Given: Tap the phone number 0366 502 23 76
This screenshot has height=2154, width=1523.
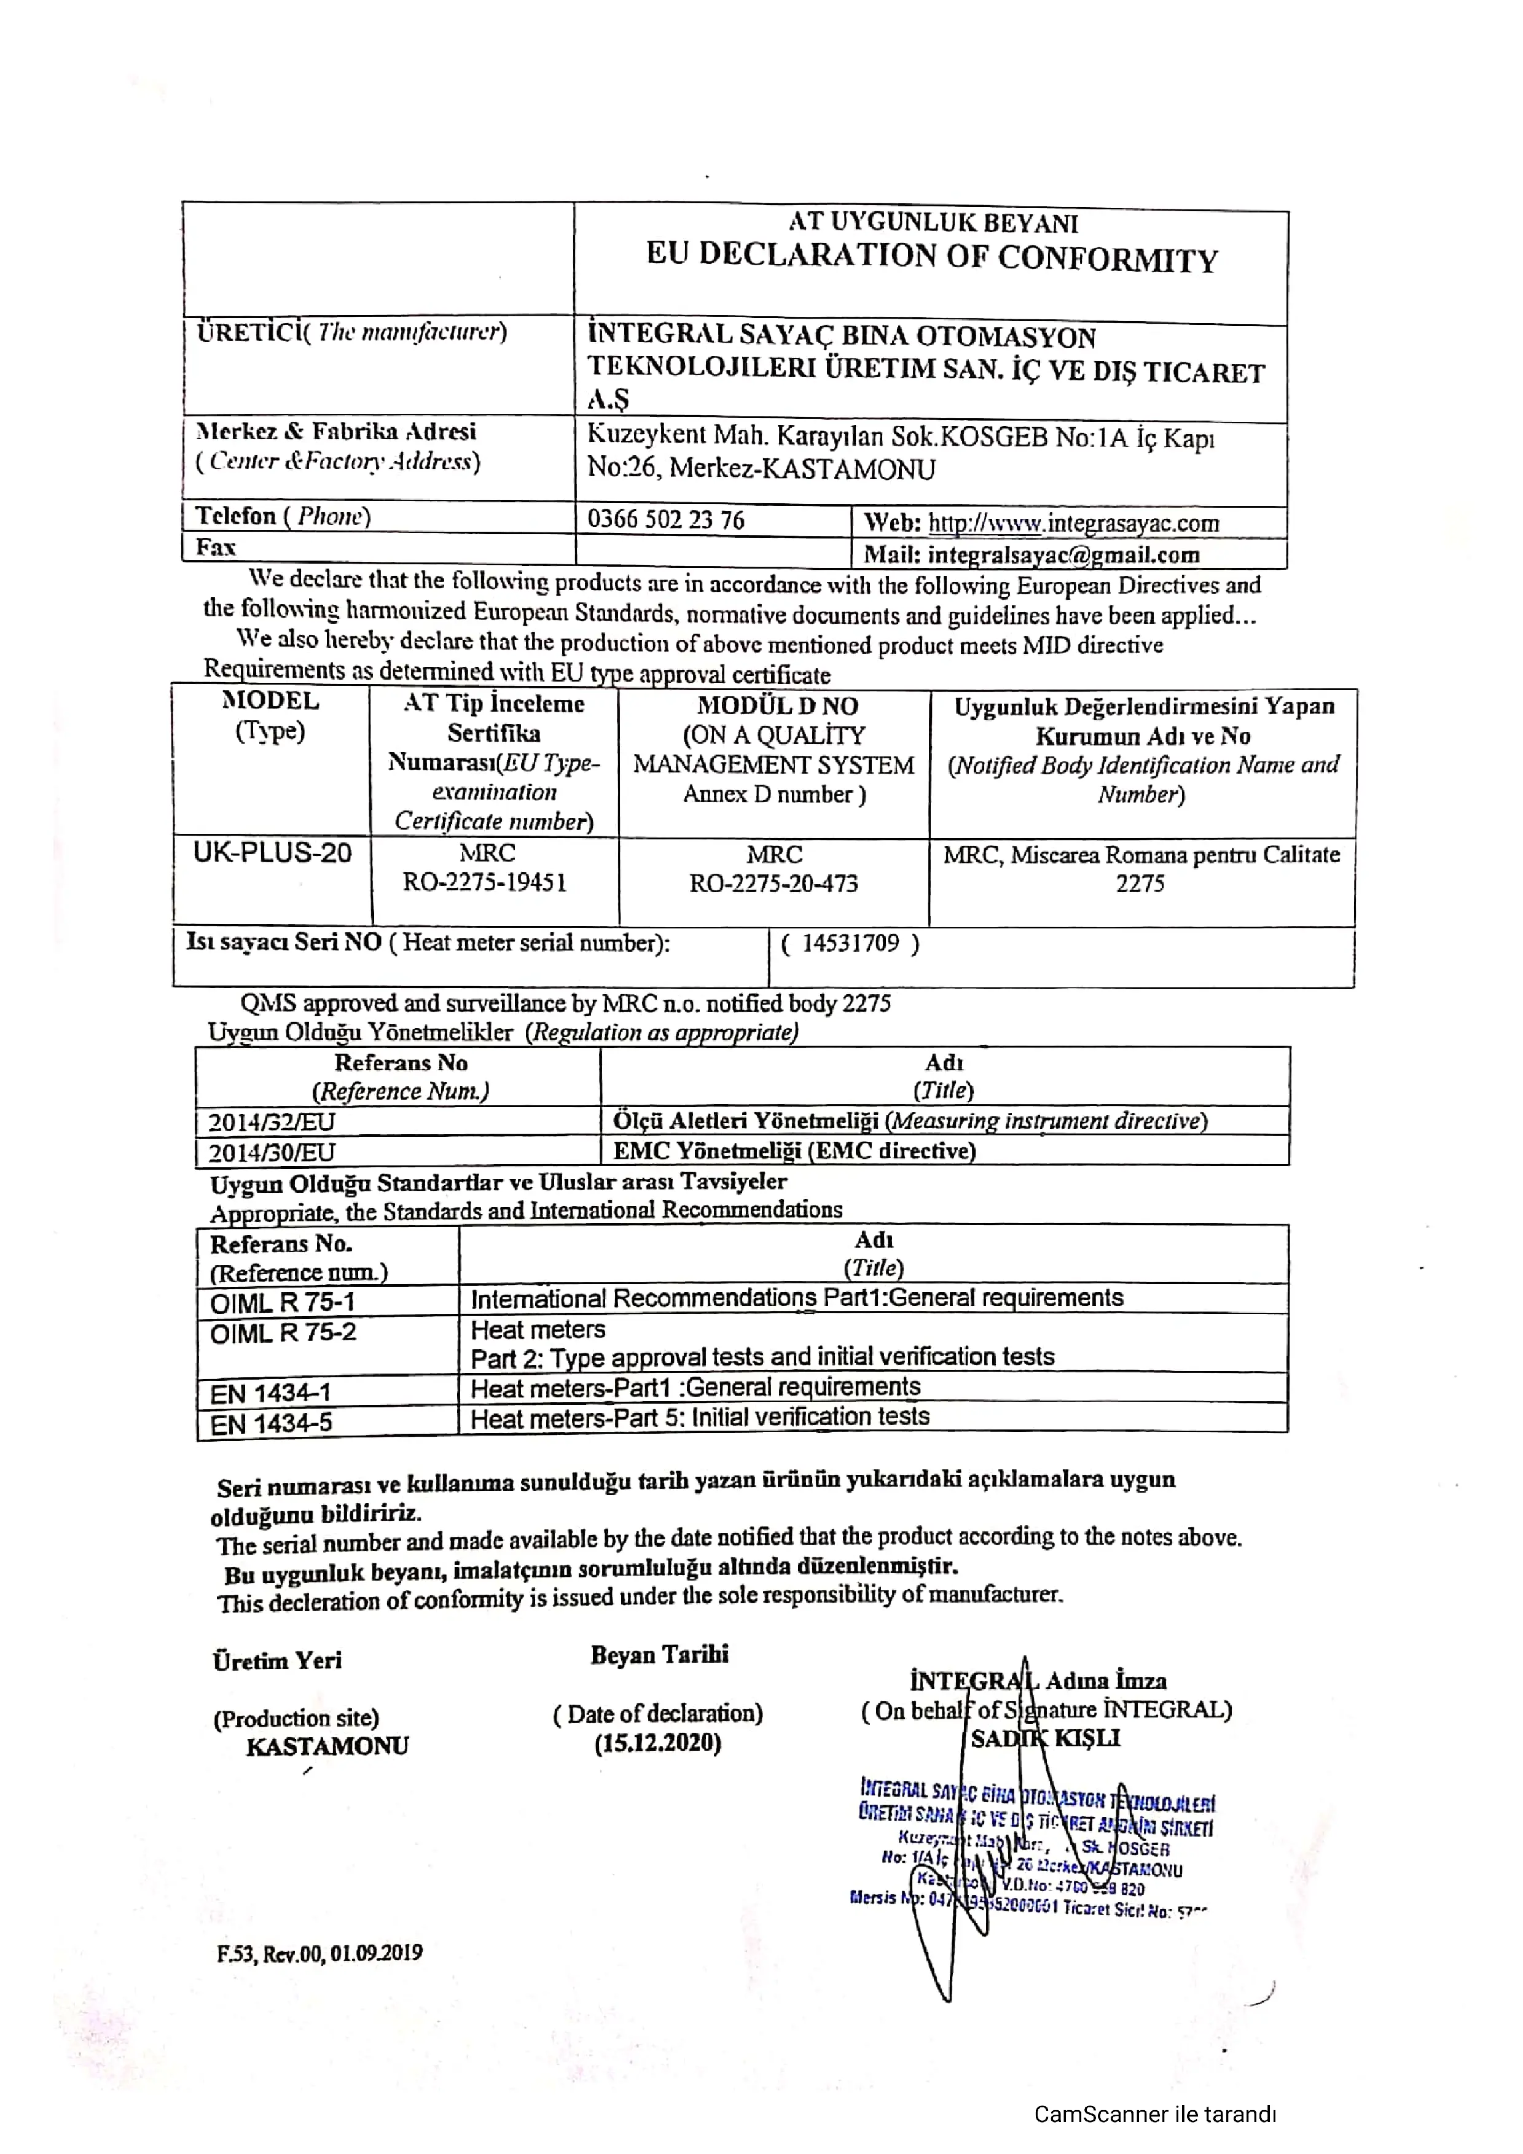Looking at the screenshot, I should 665,519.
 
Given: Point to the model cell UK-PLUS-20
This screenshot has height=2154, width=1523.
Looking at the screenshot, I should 272,853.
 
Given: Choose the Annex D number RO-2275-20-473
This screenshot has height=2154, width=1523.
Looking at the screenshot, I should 773,884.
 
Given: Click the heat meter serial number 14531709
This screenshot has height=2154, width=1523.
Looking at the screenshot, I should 850,943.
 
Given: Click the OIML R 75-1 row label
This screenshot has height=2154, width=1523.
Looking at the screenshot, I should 283,1302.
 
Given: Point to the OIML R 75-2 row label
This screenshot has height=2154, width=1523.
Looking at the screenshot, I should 283,1332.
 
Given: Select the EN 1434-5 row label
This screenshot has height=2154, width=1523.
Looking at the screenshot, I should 271,1423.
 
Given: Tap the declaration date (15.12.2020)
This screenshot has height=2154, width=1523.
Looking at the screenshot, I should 658,1743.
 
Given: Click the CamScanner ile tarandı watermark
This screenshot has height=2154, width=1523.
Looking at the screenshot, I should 1154,2113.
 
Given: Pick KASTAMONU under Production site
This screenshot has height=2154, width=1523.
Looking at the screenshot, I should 327,1746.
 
